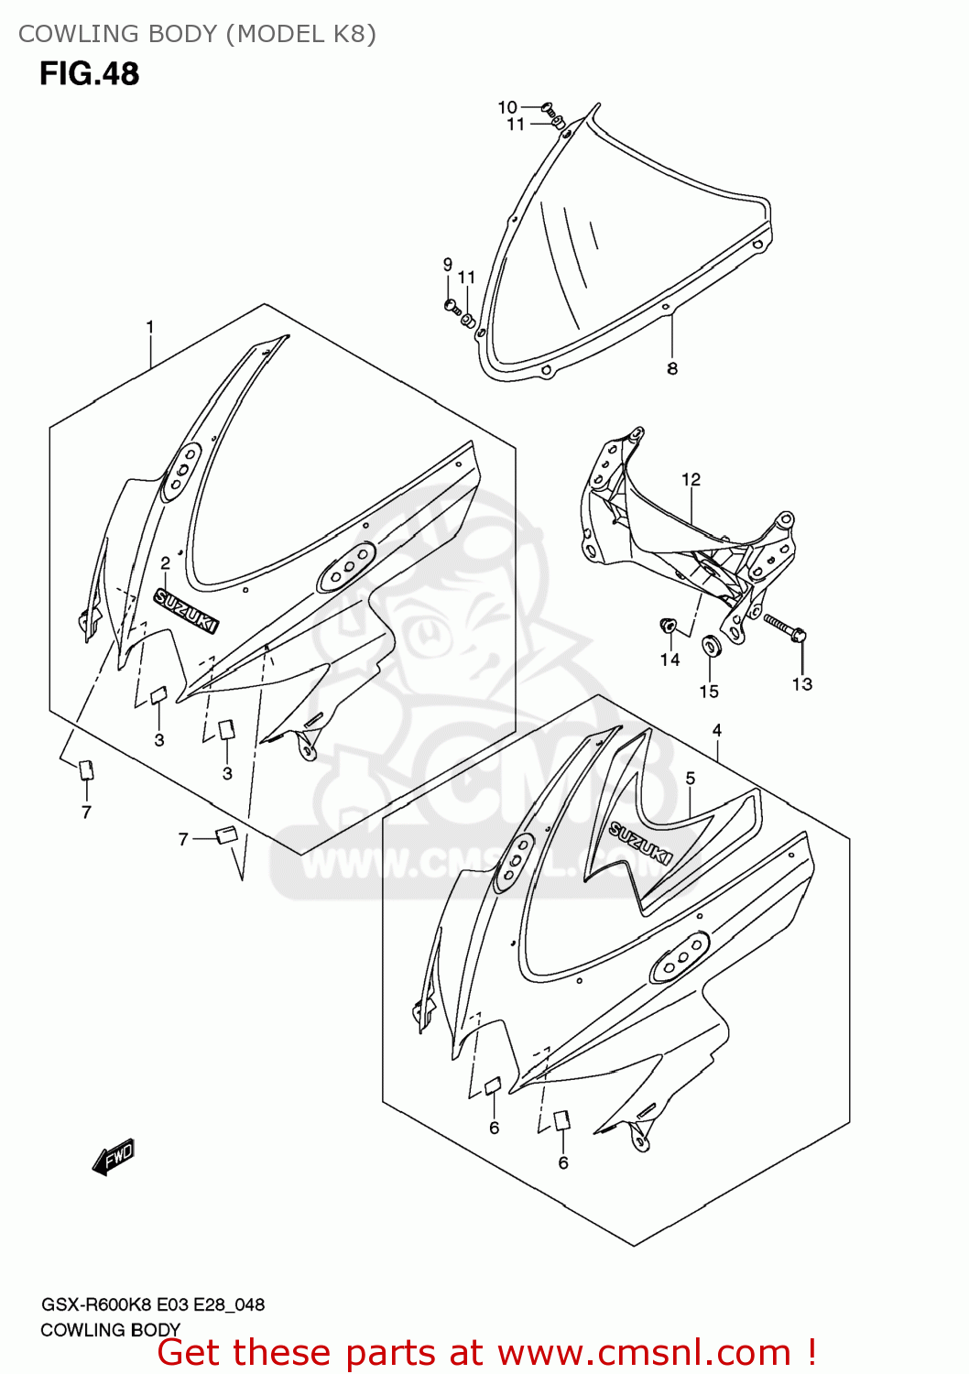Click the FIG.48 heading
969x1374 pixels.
[89, 73]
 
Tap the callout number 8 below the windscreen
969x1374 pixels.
[672, 369]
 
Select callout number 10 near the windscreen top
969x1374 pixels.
[507, 107]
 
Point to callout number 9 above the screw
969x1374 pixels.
[448, 265]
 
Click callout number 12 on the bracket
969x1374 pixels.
[691, 479]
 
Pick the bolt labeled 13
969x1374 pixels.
[783, 627]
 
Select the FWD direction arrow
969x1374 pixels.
[114, 1158]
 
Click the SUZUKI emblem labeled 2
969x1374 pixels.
[187, 611]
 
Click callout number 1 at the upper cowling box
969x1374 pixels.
[150, 327]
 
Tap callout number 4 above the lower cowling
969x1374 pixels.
[717, 730]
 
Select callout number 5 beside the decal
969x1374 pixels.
[690, 778]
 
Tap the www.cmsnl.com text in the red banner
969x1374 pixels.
[644, 1352]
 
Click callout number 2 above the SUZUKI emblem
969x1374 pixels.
[166, 562]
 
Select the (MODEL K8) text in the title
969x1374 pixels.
[301, 34]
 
